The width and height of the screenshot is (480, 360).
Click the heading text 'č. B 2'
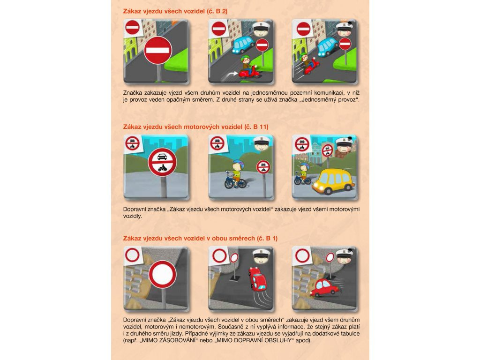[217, 11]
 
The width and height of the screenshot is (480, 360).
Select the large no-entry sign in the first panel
[158, 51]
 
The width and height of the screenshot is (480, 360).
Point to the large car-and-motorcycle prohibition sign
[162, 162]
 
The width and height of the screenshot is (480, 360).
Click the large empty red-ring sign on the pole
[162, 274]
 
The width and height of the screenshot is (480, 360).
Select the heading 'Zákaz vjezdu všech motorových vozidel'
[183, 127]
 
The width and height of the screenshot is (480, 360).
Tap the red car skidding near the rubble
[324, 287]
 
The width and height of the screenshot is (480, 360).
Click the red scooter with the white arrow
[249, 73]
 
